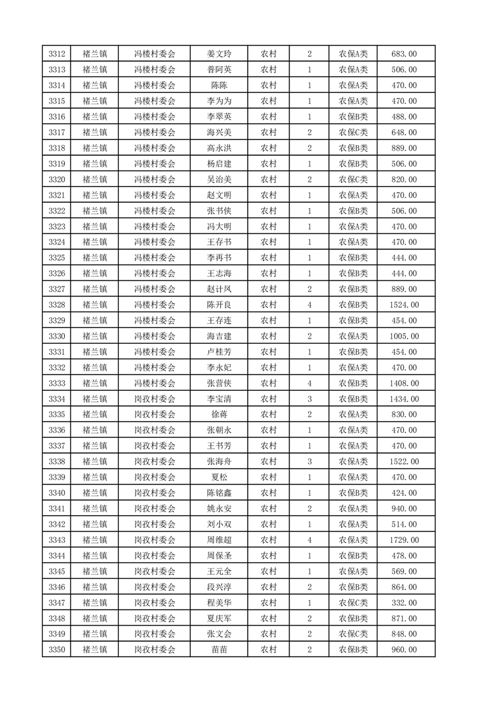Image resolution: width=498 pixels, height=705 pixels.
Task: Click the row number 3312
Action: [x=58, y=54]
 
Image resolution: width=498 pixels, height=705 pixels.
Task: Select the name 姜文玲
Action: [x=219, y=54]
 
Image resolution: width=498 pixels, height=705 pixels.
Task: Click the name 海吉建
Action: [x=219, y=336]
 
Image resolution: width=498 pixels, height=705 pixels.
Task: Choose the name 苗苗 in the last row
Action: [x=219, y=650]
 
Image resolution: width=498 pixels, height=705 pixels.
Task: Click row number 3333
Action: [x=58, y=383]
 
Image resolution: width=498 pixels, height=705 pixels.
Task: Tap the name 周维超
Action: [x=219, y=540]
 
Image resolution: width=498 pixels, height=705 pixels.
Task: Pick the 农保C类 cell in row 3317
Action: [x=354, y=133]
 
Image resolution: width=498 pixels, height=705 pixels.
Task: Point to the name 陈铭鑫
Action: [x=219, y=493]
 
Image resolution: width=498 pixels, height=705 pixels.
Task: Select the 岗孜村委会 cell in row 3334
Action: [x=154, y=399]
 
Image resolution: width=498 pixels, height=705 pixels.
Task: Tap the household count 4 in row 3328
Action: [x=310, y=305]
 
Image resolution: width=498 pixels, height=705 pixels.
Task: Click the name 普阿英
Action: [x=219, y=70]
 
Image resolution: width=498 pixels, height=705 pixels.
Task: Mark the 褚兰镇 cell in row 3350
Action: [x=95, y=650]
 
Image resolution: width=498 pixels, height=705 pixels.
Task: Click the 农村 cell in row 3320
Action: [x=269, y=180]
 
